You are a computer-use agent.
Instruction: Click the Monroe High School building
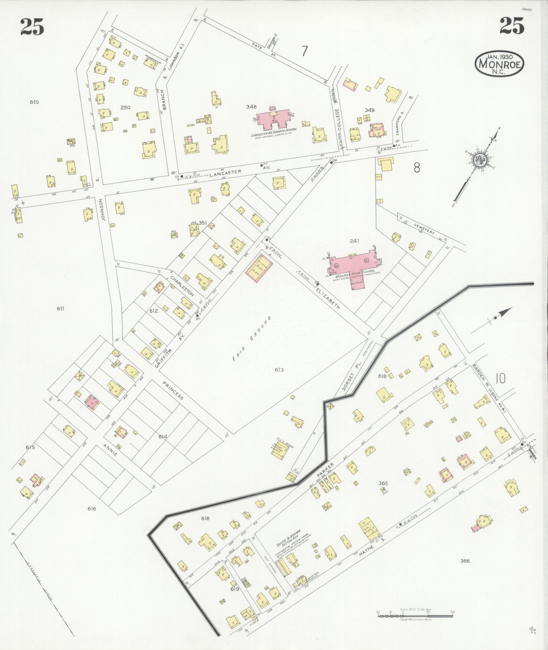coord(353,265)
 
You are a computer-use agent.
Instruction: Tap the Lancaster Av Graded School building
coord(274,119)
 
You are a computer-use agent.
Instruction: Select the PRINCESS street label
coord(173,390)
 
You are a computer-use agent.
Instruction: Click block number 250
coord(125,107)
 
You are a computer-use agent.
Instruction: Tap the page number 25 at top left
coord(32,27)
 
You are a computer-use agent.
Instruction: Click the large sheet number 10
coord(500,379)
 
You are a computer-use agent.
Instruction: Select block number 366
coord(465,561)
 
